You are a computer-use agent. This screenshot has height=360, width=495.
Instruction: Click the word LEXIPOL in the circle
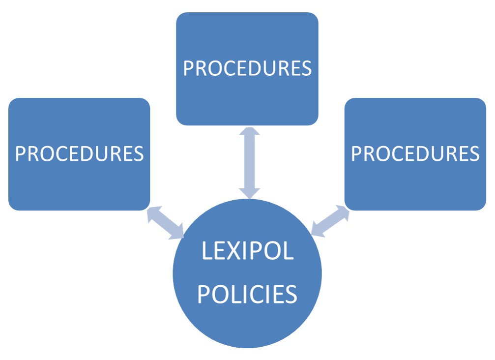(x=247, y=251)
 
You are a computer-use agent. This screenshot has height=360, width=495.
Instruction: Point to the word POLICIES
(x=247, y=294)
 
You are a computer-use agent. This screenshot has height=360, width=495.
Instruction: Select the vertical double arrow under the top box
(x=250, y=163)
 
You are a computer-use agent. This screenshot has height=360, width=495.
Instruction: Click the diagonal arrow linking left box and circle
(x=166, y=223)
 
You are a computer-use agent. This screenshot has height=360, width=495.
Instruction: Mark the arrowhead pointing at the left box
(x=154, y=213)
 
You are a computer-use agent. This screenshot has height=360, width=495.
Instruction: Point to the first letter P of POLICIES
(x=203, y=294)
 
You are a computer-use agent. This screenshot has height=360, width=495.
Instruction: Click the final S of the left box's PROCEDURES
(x=138, y=154)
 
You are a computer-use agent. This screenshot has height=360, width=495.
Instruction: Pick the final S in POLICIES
(x=291, y=294)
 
